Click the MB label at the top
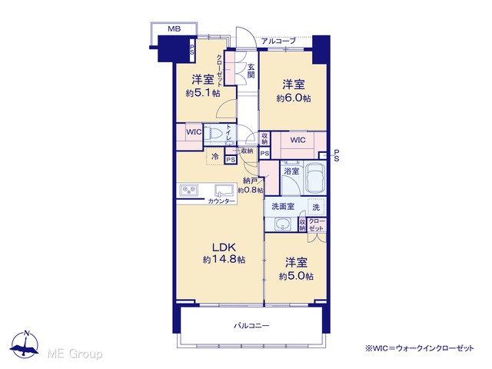[x=175, y=29]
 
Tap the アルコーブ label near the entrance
[x=278, y=41]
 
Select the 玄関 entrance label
[x=251, y=71]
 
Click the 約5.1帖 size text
[x=203, y=93]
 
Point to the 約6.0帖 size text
[x=294, y=98]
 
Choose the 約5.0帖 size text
[x=296, y=276]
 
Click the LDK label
[x=224, y=248]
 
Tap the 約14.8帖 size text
[x=224, y=260]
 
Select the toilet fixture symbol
[x=214, y=135]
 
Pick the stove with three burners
[x=189, y=191]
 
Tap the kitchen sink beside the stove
[x=224, y=190]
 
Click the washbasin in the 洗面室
[x=283, y=224]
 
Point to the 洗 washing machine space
[x=316, y=207]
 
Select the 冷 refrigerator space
[x=215, y=156]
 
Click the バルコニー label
[x=251, y=326]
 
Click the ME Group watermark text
[x=75, y=354]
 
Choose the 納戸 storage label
[x=250, y=181]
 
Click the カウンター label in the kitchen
[x=221, y=201]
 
